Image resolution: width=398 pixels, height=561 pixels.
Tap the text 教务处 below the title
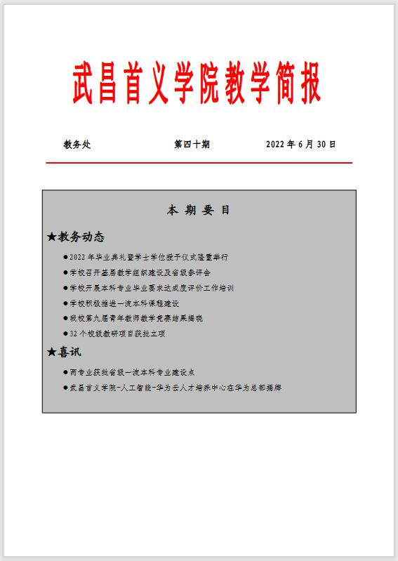[x=77, y=145]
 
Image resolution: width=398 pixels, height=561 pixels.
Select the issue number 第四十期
[x=192, y=145]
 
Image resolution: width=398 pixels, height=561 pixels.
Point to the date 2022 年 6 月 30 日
[x=300, y=145]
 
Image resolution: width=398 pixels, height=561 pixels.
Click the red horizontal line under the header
[x=199, y=163]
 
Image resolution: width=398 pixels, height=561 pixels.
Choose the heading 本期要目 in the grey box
[x=199, y=210]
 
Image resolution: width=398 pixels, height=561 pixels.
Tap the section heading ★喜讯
[x=64, y=352]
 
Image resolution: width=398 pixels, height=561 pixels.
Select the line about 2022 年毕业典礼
[x=149, y=257]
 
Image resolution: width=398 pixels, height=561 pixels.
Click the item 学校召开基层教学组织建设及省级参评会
[x=140, y=272]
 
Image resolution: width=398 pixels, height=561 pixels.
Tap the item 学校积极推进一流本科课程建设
[x=125, y=303]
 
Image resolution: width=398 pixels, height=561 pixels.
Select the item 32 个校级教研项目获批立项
[x=117, y=334]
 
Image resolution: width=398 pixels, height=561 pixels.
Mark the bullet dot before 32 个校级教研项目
[x=65, y=334]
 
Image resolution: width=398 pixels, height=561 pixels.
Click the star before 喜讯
[x=51, y=352]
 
